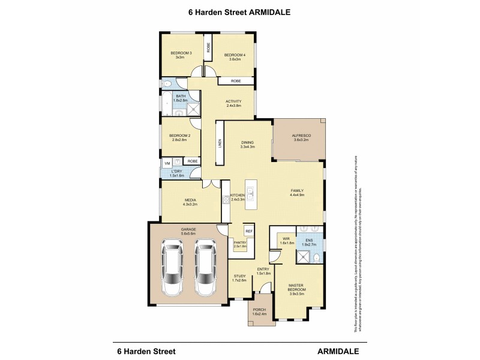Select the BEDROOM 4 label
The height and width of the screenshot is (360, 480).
pyautogui.click(x=234, y=55)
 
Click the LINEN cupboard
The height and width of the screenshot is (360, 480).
pyautogui.click(x=220, y=143)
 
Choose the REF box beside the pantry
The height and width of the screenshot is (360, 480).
pyautogui.click(x=248, y=230)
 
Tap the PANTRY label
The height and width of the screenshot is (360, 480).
pyautogui.click(x=241, y=242)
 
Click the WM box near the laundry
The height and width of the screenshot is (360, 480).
pyautogui.click(x=167, y=162)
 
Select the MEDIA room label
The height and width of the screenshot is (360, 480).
pyautogui.click(x=191, y=200)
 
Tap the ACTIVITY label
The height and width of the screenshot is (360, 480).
pyautogui.click(x=233, y=101)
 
